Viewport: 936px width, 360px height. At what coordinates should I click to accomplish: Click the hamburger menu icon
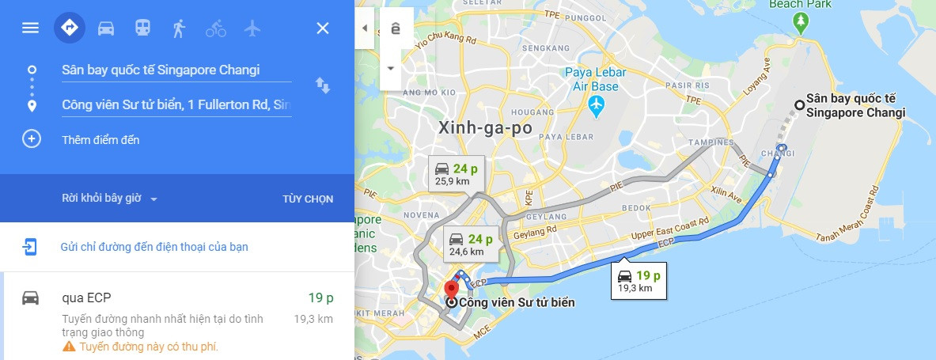pos(30,28)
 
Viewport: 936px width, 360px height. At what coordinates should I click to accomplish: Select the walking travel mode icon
pos(179,28)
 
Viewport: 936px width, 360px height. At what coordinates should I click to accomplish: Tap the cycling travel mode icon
pos(216,28)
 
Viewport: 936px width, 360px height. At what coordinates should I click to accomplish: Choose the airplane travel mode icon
pos(252,28)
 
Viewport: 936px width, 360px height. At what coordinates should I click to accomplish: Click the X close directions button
pos(323,28)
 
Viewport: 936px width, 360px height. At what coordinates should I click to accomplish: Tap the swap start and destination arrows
pos(323,85)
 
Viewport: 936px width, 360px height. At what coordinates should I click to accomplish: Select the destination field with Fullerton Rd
pos(176,104)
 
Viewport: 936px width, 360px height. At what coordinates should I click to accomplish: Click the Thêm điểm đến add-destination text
pos(100,140)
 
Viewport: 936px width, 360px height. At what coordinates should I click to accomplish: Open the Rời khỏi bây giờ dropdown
pos(110,199)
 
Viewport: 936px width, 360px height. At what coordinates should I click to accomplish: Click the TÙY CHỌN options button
pos(308,199)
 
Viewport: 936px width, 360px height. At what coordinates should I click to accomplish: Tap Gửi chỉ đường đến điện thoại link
pos(154,247)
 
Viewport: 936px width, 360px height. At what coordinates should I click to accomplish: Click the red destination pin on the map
pos(452,290)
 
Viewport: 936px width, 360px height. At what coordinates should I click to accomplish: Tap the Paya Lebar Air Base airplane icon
pos(596,104)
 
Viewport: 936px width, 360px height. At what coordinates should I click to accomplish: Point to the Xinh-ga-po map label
pos(484,127)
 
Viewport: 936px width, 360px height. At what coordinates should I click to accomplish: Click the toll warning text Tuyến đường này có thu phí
pos(149,347)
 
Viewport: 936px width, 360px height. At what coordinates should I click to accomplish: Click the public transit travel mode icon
pos(142,28)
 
